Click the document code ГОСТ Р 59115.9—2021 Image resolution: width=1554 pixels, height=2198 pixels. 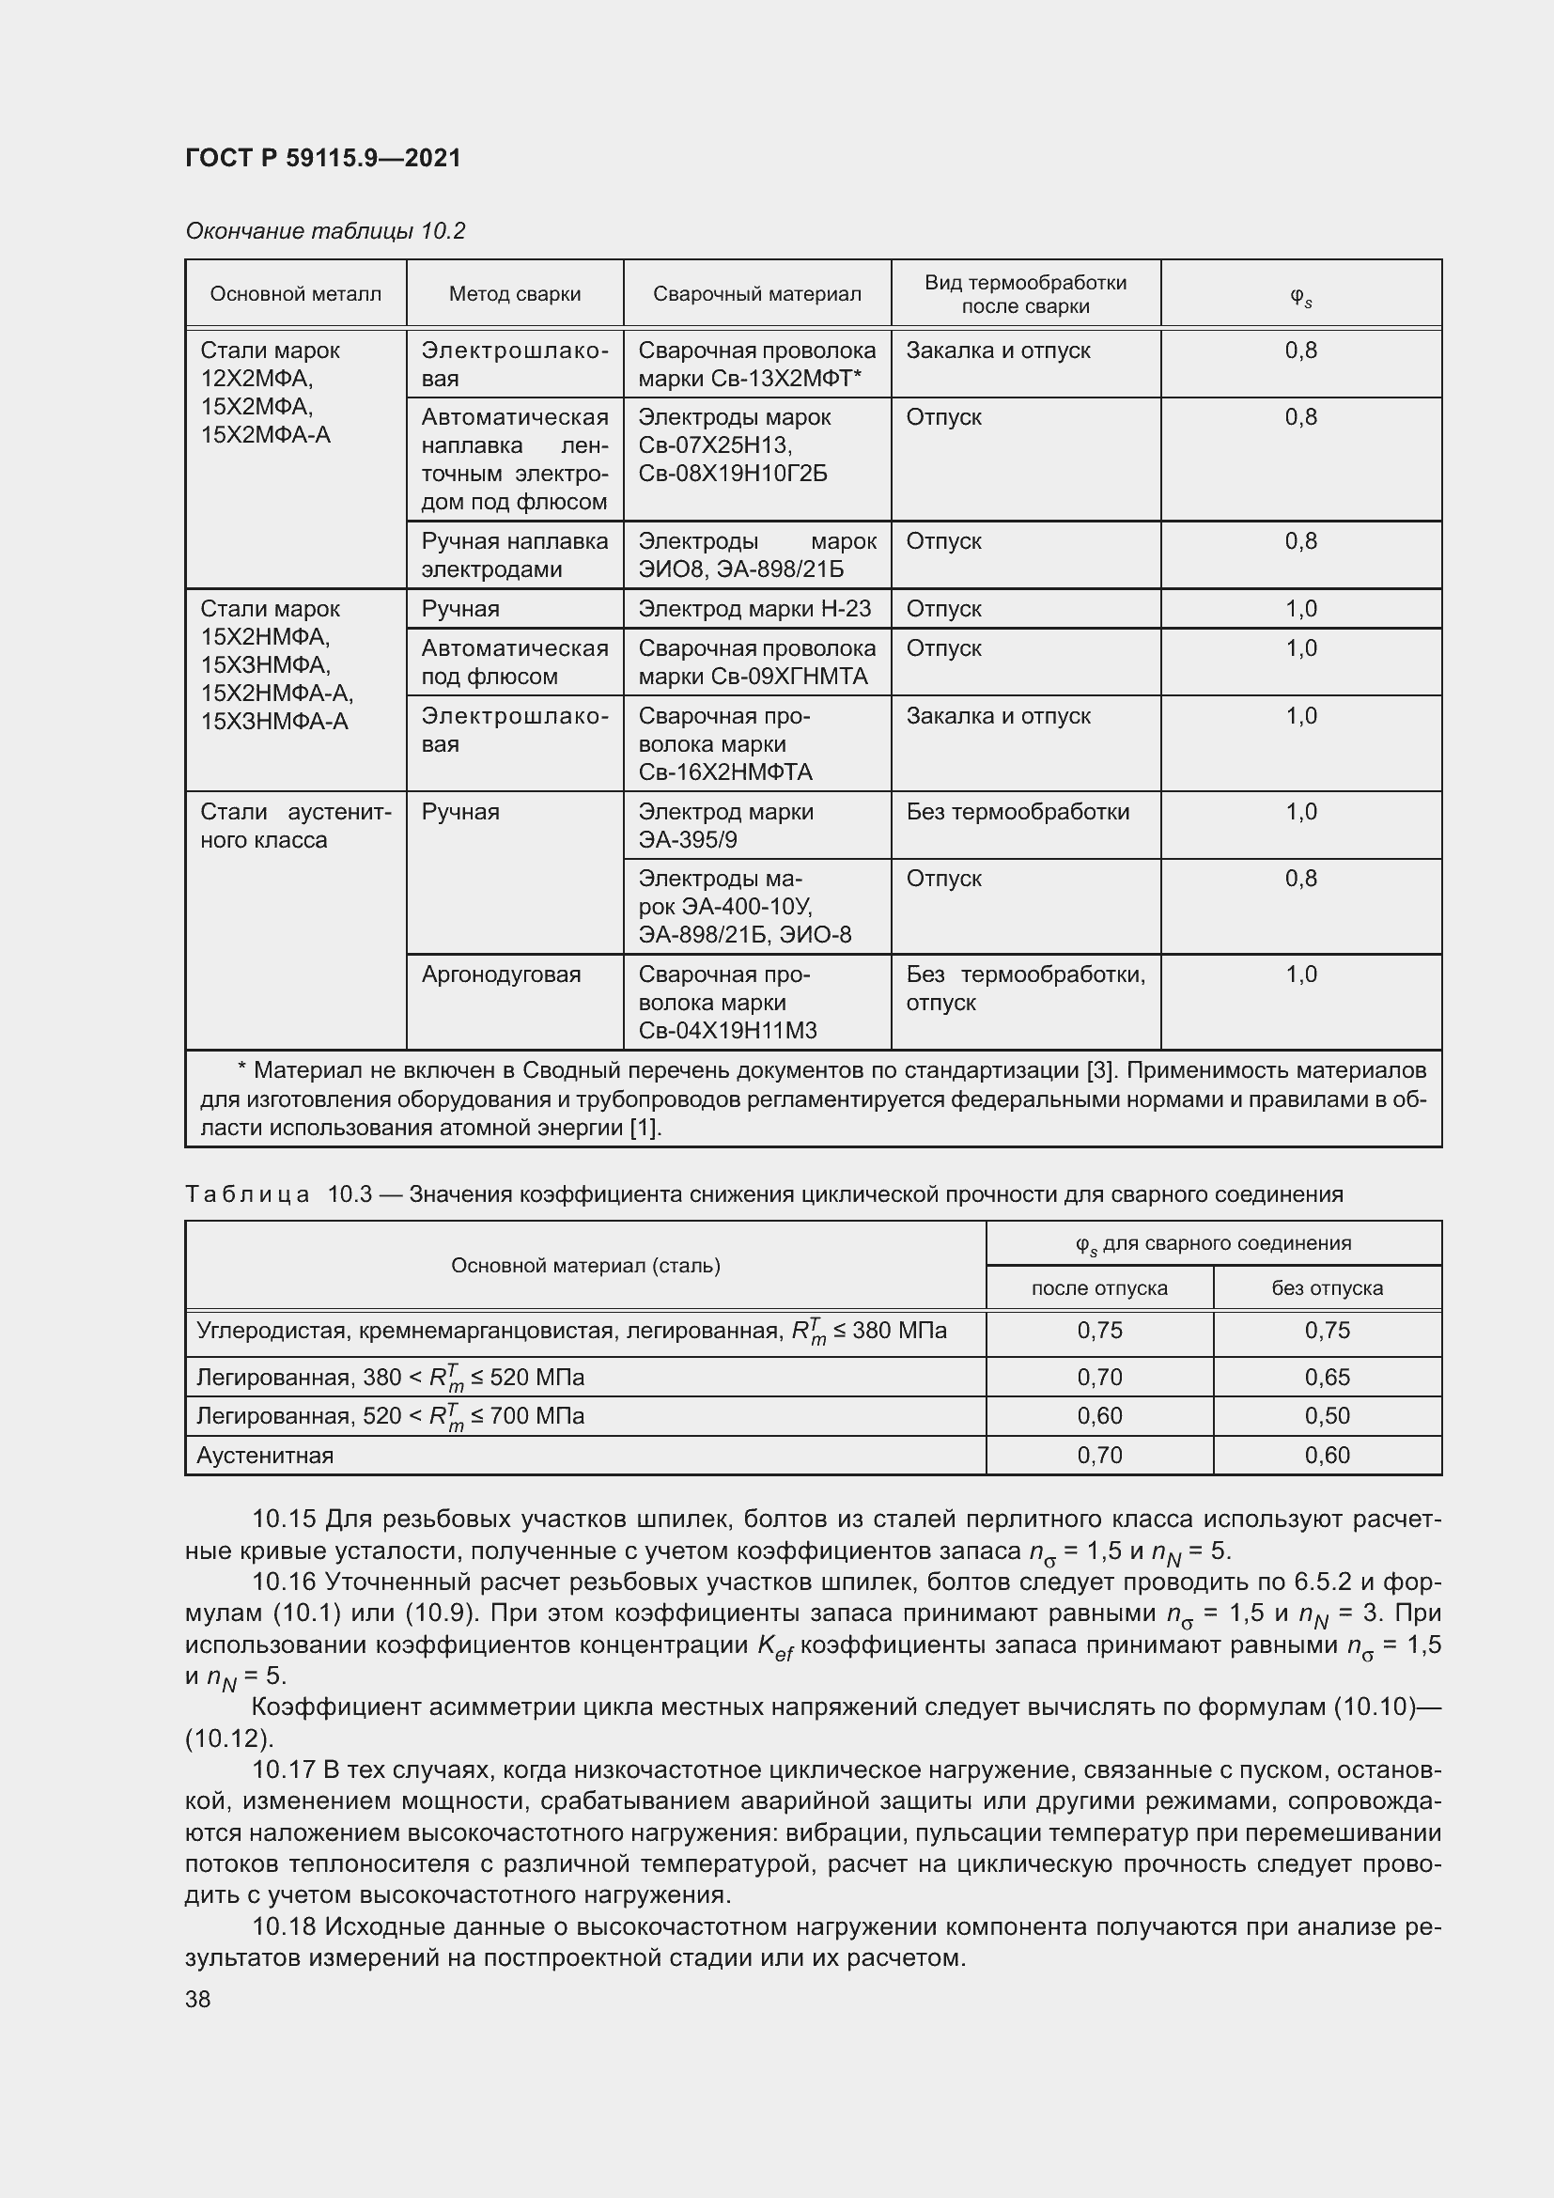point(322,158)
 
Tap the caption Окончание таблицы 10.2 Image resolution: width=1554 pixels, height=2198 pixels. point(324,231)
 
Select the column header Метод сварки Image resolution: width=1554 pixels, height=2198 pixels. point(515,294)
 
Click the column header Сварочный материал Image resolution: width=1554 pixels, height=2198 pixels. point(756,294)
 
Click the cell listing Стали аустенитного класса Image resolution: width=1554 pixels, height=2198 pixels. point(295,825)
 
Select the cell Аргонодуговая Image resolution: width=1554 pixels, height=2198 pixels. point(501,974)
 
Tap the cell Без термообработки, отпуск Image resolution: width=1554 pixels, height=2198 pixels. point(1025,988)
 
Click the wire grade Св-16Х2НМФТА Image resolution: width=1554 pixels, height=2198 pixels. point(724,772)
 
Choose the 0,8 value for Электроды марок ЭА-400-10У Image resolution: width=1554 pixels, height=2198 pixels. point(1300,879)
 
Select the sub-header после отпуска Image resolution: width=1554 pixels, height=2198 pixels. point(1098,1287)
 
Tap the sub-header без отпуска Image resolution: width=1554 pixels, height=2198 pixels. point(1327,1287)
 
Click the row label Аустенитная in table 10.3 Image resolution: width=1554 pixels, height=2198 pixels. point(265,1455)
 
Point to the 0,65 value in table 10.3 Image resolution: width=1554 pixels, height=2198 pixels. point(1327,1377)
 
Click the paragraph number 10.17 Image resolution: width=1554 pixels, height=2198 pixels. point(283,1771)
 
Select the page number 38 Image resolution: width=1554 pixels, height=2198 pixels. point(198,1999)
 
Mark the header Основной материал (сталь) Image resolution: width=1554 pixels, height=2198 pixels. point(584,1266)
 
